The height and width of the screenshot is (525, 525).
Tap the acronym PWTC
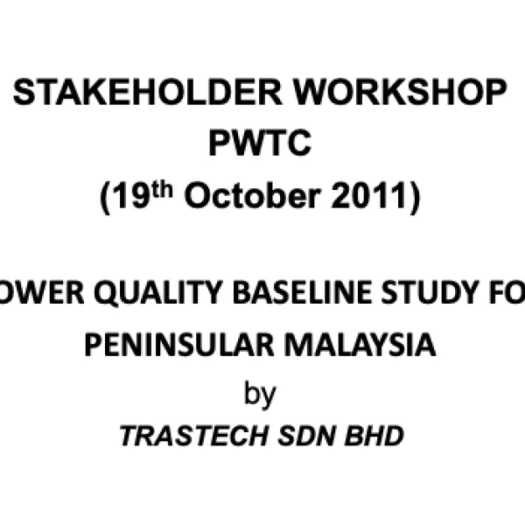coord(260,144)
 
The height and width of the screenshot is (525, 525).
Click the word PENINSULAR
coord(176,345)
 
